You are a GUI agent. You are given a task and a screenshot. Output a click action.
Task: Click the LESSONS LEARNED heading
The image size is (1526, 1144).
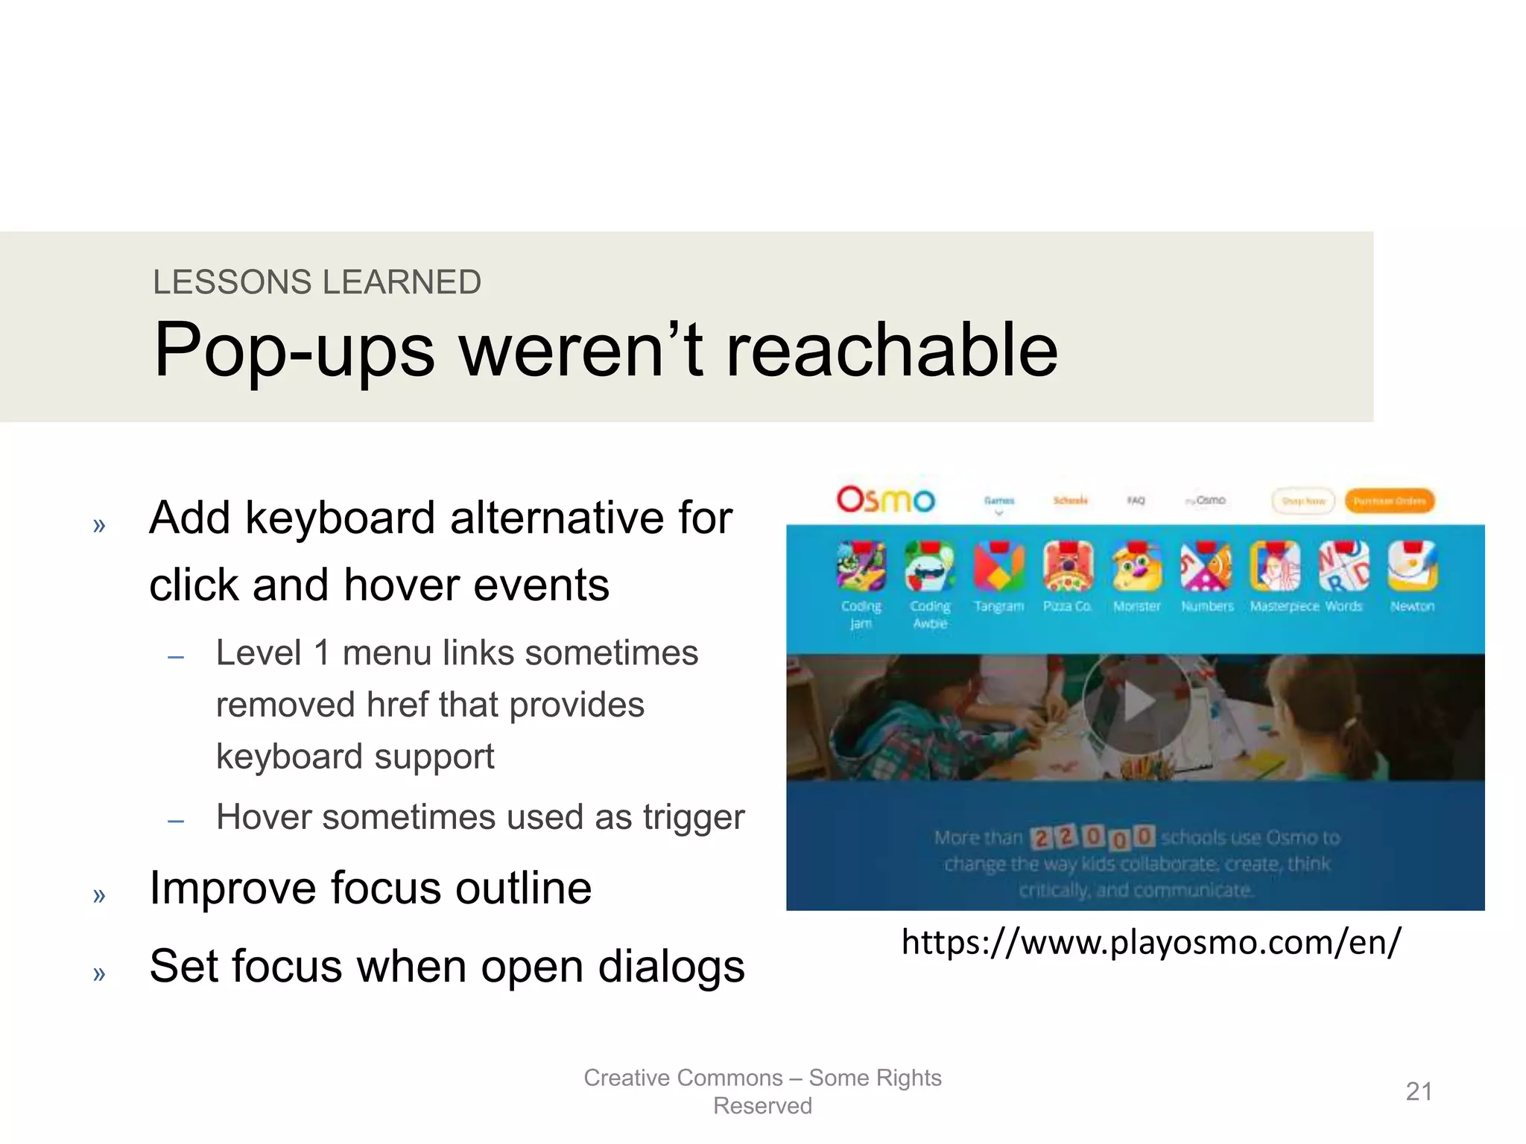(x=317, y=282)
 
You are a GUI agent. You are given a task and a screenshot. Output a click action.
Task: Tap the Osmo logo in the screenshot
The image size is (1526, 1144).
(x=885, y=500)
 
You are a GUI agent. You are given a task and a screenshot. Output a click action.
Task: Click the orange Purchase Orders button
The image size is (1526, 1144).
(x=1389, y=501)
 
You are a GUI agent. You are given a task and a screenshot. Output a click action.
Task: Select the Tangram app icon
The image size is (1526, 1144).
(x=999, y=567)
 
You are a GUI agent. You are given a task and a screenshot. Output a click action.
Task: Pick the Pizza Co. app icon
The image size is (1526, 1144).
(x=1068, y=567)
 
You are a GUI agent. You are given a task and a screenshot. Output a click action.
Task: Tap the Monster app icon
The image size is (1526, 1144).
(x=1136, y=567)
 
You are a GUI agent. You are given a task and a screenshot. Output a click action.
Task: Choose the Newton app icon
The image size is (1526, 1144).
(x=1412, y=567)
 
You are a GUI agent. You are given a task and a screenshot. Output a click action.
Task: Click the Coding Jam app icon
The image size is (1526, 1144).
(x=861, y=567)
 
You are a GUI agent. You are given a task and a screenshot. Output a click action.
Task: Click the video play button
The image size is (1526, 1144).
(x=1136, y=702)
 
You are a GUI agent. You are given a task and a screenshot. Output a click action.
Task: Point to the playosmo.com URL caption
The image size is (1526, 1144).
(x=1151, y=942)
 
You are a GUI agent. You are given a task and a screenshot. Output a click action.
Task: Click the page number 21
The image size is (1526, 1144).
(x=1419, y=1092)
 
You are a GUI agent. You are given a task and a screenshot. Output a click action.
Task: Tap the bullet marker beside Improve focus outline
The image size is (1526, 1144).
(x=99, y=894)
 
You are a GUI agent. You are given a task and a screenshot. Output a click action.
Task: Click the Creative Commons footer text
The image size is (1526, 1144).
(x=762, y=1091)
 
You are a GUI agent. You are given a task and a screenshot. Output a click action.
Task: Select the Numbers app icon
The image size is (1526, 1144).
(x=1206, y=567)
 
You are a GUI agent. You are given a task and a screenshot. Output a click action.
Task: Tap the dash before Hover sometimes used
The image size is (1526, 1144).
(x=176, y=822)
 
